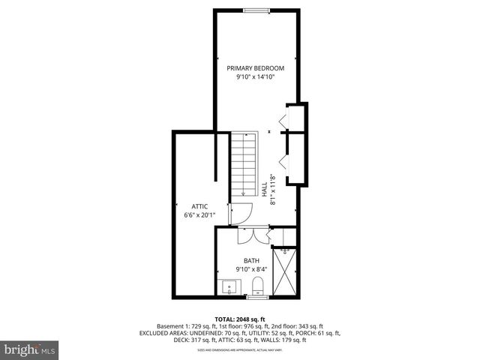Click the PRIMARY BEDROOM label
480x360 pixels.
pos(256,67)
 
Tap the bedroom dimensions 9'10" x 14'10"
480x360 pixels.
pos(256,76)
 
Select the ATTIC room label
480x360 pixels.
pos(199,206)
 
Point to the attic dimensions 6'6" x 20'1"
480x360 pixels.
pos(199,215)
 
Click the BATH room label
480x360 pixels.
pos(251,261)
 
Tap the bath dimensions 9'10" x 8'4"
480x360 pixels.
pos(251,269)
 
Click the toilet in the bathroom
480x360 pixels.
pos(257,285)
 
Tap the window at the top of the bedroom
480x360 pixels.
pos(256,10)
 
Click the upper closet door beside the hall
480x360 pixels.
pos(282,120)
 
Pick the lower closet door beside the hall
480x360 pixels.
pos(282,160)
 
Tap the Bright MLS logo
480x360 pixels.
pos(30,349)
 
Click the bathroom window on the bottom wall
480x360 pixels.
pos(257,297)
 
